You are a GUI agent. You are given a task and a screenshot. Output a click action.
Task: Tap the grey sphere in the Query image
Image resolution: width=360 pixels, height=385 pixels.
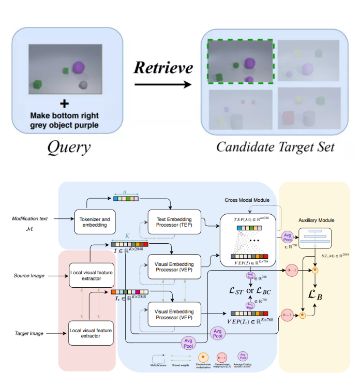tap(83, 84)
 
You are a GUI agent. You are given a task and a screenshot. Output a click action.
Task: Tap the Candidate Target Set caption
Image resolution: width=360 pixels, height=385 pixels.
tap(275, 147)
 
